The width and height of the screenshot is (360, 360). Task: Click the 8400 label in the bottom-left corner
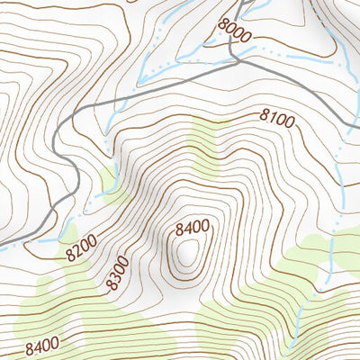(x=42, y=344)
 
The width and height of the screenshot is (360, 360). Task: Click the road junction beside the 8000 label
(x=237, y=61)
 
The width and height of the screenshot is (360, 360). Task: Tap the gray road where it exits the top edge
(x=244, y=3)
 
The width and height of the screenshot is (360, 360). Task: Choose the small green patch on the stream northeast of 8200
(x=110, y=181)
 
